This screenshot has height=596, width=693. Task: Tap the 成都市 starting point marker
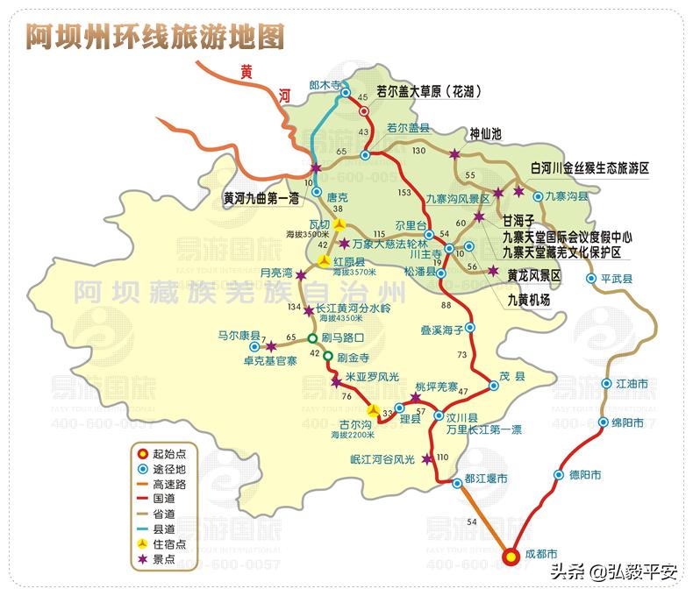click(510, 554)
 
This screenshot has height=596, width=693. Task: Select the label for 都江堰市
click(486, 479)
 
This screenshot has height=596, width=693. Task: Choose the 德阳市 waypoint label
click(585, 475)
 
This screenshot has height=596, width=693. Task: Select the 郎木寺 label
click(325, 84)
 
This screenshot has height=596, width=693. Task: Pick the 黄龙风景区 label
click(533, 275)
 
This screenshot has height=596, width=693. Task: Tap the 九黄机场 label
click(529, 300)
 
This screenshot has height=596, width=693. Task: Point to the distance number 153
click(404, 192)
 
